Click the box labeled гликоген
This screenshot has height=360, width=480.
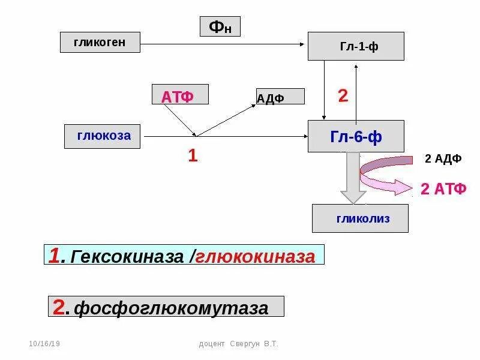point(100,42)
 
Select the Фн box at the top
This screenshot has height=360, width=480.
point(220,26)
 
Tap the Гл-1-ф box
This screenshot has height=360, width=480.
point(356,46)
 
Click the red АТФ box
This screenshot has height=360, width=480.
point(180,95)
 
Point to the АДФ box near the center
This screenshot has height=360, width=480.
point(280,97)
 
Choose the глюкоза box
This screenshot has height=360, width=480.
point(103,136)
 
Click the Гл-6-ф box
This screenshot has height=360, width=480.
point(356,136)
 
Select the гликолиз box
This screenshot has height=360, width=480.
point(360,218)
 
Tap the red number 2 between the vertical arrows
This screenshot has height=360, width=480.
point(343,96)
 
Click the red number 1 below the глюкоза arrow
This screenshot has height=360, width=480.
point(193,156)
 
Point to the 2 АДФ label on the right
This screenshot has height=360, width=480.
point(443,158)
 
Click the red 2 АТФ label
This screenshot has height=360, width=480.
point(443,189)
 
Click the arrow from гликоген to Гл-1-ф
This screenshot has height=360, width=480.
point(222,44)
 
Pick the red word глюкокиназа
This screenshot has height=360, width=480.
point(255,256)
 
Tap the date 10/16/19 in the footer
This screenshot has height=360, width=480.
point(44,344)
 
